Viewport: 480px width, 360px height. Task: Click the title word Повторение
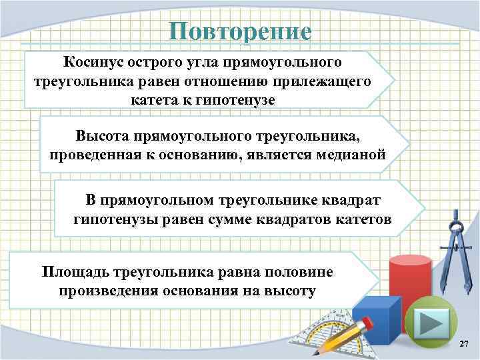coord(239,31)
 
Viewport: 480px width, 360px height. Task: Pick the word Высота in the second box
coord(103,136)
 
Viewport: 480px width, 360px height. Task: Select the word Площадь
coord(73,273)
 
